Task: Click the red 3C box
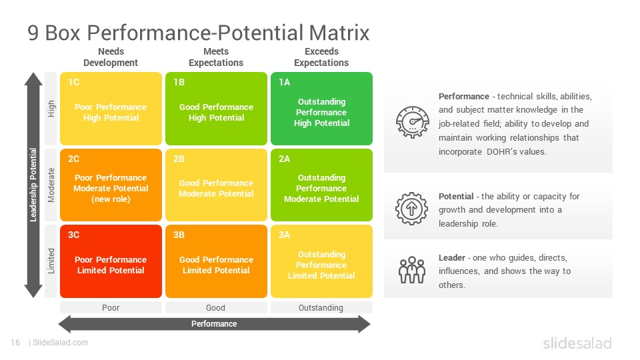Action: click(111, 261)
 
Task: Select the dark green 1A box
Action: click(321, 109)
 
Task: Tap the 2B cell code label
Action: click(179, 159)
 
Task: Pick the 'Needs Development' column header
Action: click(111, 57)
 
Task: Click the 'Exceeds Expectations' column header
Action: click(321, 57)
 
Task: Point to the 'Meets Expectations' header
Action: click(216, 57)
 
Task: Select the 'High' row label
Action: click(51, 109)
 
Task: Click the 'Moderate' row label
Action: click(51, 185)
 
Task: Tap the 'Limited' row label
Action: click(51, 261)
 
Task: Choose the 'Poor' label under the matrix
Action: click(111, 308)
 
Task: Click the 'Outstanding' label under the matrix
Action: click(321, 308)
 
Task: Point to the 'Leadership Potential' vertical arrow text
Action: click(33, 185)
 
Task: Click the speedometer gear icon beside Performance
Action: click(412, 122)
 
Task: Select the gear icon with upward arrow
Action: click(411, 209)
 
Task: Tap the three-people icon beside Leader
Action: click(412, 270)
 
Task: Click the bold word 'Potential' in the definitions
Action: click(456, 196)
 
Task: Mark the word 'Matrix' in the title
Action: click(339, 33)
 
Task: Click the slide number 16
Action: click(15, 343)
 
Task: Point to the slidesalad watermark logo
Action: click(577, 343)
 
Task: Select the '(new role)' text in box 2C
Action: click(111, 199)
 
